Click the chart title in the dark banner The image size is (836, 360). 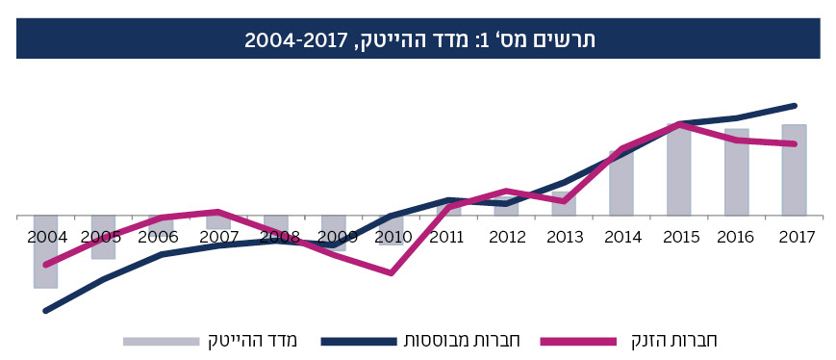click(418, 39)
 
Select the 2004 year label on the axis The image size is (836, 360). click(46, 236)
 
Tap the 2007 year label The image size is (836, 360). click(218, 236)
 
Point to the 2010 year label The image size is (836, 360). click(393, 236)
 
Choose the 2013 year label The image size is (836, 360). click(564, 236)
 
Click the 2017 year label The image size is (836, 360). click(795, 236)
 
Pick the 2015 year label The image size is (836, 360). click(679, 236)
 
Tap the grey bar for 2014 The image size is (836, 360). click(621, 183)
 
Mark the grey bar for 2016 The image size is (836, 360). click(736, 172)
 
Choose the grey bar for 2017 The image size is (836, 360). click(794, 170)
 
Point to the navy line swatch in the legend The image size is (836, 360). click(358, 341)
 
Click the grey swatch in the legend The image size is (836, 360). click(162, 341)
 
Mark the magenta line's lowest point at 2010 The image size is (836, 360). click(392, 273)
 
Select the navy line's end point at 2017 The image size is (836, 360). click(795, 105)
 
